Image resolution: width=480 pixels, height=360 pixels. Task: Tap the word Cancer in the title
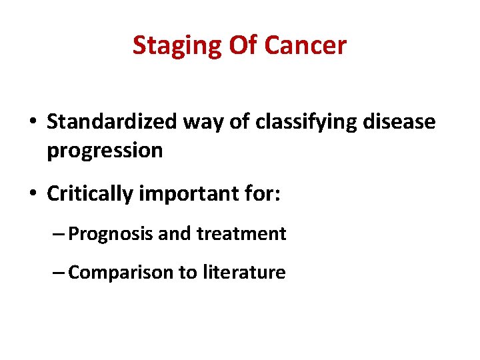pyautogui.click(x=305, y=45)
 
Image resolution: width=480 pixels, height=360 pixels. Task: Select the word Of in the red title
pyautogui.click(x=243, y=45)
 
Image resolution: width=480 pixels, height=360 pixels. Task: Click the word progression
pyautogui.click(x=105, y=150)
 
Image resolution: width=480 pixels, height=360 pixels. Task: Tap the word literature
pyautogui.click(x=246, y=272)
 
